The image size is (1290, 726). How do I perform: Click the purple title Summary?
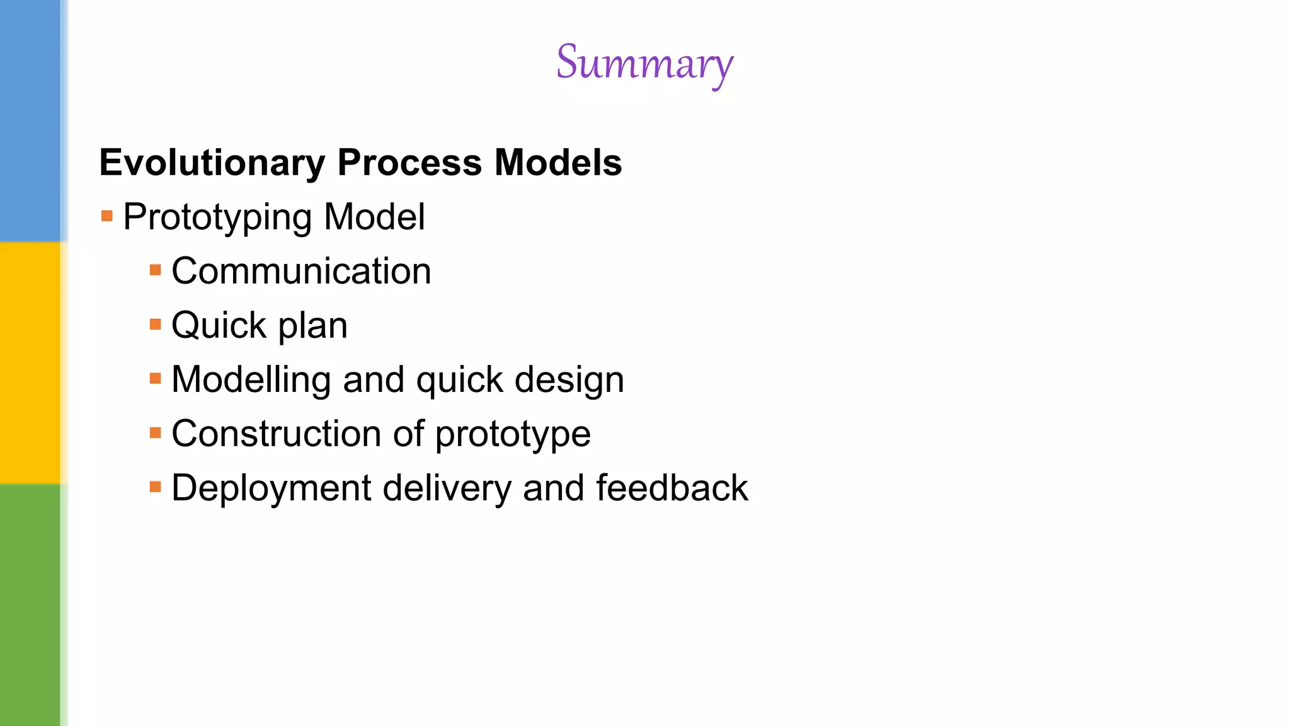coord(644,63)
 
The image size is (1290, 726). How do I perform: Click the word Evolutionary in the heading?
coord(212,163)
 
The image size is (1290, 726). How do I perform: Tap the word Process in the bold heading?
coord(409,163)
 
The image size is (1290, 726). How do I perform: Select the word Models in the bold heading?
coord(557,163)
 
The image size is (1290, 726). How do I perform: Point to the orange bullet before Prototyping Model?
coord(107,216)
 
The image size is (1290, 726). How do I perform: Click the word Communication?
coord(301,272)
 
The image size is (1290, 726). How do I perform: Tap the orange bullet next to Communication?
coord(156,270)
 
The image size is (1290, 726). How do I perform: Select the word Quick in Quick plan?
coord(219,326)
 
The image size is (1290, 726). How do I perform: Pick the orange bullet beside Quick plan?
coord(156,325)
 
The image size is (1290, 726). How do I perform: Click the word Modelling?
coord(251,380)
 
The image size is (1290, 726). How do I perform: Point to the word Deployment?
coord(271,489)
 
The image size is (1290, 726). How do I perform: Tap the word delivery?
coord(447,488)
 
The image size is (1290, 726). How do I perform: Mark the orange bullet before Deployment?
coord(156,487)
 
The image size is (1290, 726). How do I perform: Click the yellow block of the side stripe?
coord(30,362)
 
